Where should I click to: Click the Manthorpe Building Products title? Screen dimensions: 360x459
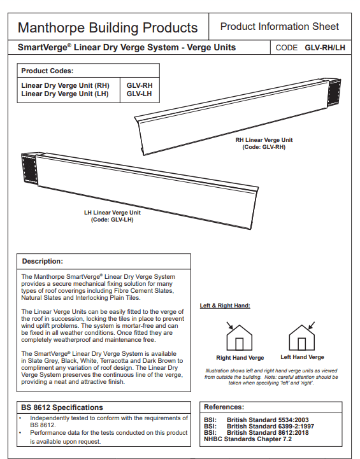(x=108, y=28)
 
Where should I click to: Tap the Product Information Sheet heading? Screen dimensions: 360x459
(x=280, y=27)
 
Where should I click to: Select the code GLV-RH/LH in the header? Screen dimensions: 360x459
(x=325, y=48)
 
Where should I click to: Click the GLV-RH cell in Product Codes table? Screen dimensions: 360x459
(x=140, y=85)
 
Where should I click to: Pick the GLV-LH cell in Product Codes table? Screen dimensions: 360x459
(x=139, y=94)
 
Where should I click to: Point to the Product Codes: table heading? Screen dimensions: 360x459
(x=47, y=71)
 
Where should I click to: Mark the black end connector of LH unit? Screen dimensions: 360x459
(x=29, y=169)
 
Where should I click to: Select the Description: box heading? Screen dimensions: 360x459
(x=43, y=261)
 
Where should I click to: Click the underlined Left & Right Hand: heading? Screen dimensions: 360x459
(x=225, y=306)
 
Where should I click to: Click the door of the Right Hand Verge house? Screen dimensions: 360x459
(x=240, y=344)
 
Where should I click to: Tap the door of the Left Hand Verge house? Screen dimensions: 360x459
(x=302, y=344)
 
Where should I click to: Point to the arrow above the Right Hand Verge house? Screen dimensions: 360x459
(x=229, y=325)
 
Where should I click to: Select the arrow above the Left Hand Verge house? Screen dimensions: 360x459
(x=312, y=325)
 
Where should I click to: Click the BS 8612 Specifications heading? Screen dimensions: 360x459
(x=62, y=407)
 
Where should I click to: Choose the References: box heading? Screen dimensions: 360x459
(x=224, y=407)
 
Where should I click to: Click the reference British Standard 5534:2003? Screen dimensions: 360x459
(x=268, y=420)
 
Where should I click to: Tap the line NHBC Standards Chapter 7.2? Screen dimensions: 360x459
(x=248, y=439)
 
